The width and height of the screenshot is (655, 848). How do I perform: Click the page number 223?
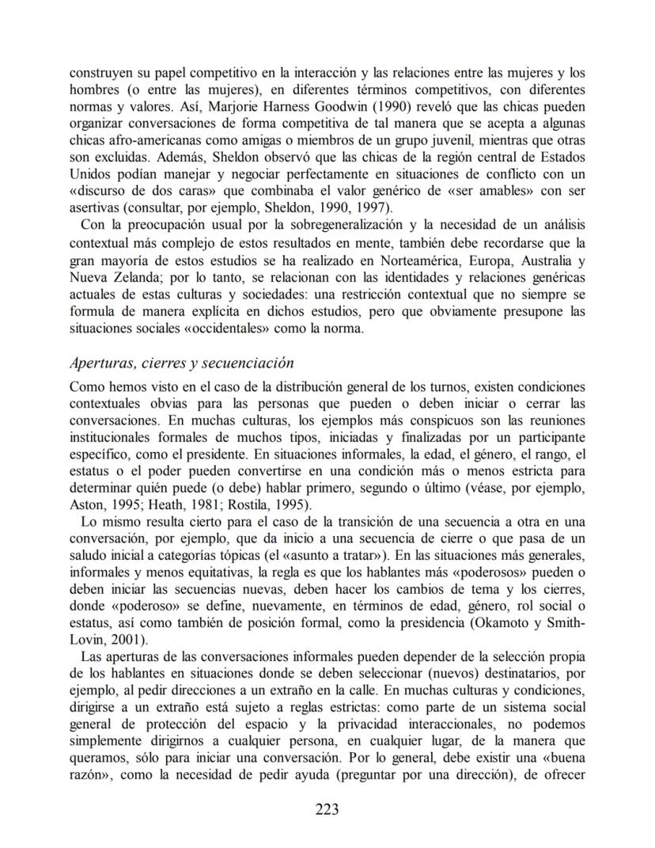click(x=327, y=808)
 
